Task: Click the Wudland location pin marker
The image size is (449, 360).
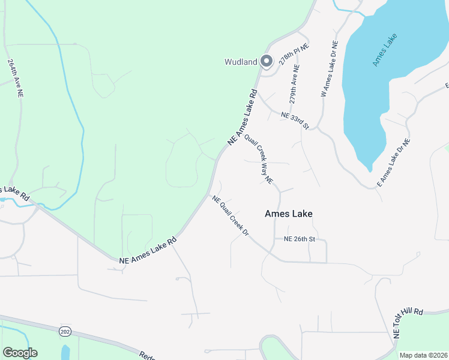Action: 267,61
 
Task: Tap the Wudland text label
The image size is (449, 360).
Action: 241,62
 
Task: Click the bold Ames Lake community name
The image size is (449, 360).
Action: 289,214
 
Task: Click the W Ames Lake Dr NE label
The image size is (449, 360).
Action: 330,69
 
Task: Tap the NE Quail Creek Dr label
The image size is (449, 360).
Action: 229,215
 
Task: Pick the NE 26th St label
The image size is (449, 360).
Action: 299,239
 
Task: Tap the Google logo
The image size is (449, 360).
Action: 20,353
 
